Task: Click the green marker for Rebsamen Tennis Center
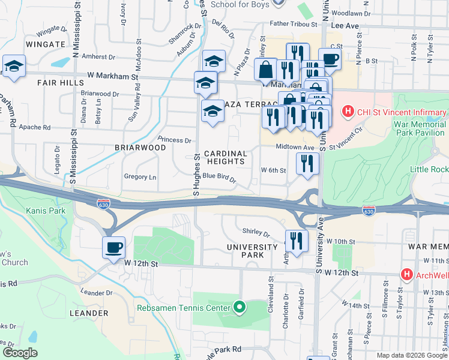tap(240, 308)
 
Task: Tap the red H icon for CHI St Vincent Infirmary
tap(346, 112)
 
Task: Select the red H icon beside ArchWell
tap(407, 274)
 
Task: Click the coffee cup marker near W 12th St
tap(113, 247)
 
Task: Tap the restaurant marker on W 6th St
tap(307, 163)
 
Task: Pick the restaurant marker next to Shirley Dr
tap(296, 240)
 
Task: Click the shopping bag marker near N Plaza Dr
tap(265, 70)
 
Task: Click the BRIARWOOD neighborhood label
tap(140, 148)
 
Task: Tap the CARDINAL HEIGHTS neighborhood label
tap(226, 157)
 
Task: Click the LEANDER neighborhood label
tap(88, 313)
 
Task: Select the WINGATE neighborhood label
tap(45, 44)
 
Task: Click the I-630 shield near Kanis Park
tap(103, 205)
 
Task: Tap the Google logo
tap(20, 353)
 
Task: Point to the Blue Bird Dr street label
tap(218, 176)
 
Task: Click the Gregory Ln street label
tap(139, 177)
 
